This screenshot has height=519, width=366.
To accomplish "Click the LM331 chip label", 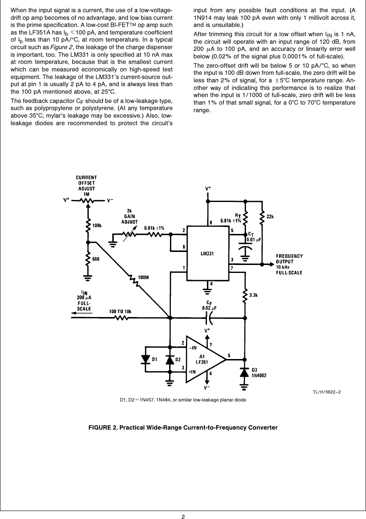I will [x=207, y=253].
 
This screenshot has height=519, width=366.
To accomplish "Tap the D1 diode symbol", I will [x=146, y=359].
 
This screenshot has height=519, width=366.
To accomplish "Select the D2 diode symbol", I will [x=170, y=360].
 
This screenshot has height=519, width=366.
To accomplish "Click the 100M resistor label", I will [x=144, y=277].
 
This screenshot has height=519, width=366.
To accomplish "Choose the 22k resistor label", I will [x=270, y=217].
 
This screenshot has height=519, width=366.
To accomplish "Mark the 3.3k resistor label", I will [x=253, y=296].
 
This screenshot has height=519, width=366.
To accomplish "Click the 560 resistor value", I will [x=96, y=259].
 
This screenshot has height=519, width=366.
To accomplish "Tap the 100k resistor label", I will [x=97, y=225].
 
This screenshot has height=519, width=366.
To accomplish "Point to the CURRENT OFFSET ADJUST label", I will [x=86, y=183].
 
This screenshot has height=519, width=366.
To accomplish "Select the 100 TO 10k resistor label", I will [x=120, y=311].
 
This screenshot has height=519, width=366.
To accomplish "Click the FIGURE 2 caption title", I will [x=183, y=427].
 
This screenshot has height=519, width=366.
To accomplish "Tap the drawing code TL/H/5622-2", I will [x=326, y=392].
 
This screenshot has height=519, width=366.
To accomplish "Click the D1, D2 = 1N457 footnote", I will [x=183, y=399].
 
